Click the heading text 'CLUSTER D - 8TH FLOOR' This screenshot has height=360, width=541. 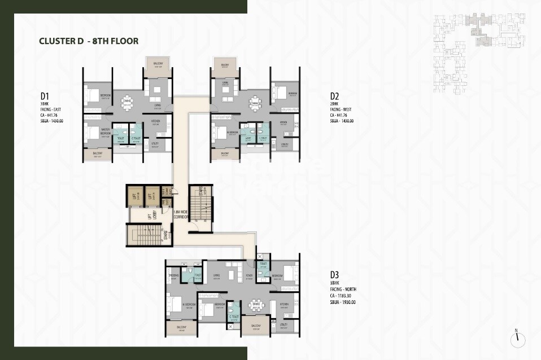coord(89,41)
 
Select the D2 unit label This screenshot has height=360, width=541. coord(334,96)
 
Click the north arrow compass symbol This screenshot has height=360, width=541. coord(517,339)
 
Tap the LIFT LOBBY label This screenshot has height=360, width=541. coord(150,216)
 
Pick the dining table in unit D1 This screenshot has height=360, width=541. coord(128,102)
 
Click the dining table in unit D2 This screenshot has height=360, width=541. coord(255,103)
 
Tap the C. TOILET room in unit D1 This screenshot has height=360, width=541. coord(136,136)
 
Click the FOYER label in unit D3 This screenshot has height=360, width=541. coord(249,276)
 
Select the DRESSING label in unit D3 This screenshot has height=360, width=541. coord(173,276)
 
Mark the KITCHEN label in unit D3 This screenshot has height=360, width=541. coord(283,305)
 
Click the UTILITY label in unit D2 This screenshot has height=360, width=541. coord(284,144)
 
